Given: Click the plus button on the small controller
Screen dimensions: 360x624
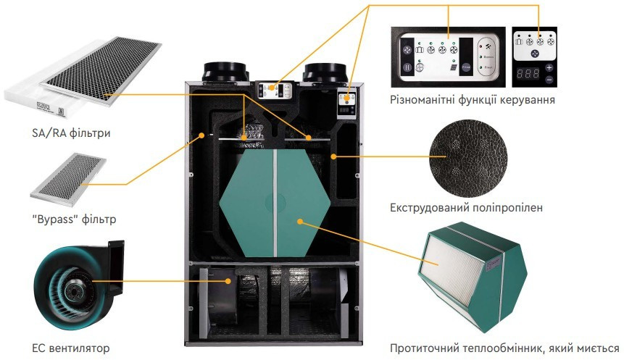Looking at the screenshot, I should (x=549, y=66).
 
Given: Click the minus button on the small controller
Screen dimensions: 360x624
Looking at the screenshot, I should (x=549, y=78).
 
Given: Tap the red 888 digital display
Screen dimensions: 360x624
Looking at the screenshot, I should (x=528, y=73).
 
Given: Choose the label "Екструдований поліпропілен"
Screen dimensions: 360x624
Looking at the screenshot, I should (x=466, y=208).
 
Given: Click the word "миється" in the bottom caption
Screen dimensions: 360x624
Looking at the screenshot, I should (x=595, y=348).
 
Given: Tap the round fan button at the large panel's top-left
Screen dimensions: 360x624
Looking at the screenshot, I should (x=407, y=51).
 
